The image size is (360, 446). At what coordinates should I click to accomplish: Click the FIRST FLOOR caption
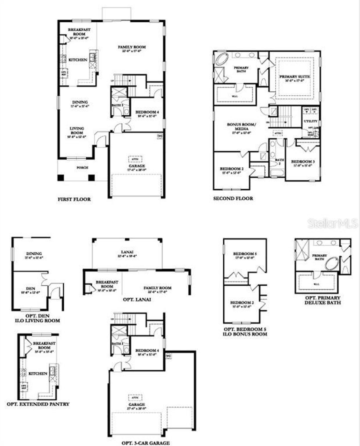(x=74, y=199)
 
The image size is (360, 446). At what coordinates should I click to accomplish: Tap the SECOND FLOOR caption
(x=233, y=198)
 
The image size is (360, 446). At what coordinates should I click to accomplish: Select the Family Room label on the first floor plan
(x=132, y=47)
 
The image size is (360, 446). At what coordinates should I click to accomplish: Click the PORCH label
(x=82, y=168)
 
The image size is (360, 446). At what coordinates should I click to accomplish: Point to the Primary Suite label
(x=295, y=76)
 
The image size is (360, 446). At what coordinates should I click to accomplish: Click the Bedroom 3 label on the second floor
(x=303, y=162)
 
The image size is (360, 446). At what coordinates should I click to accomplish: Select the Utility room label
(x=310, y=121)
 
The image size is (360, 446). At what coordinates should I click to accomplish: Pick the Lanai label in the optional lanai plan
(x=127, y=252)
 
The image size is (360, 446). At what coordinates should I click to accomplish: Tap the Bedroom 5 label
(x=245, y=254)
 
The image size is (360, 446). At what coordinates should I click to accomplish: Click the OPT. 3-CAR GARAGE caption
(x=145, y=443)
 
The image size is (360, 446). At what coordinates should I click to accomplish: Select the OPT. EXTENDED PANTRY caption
(x=38, y=404)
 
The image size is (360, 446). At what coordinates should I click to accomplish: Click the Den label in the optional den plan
(x=31, y=289)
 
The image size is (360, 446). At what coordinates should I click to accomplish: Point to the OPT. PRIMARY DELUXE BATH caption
(x=323, y=300)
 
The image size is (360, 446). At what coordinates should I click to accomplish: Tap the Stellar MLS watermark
(x=333, y=223)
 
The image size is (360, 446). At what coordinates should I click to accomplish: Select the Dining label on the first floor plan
(x=80, y=102)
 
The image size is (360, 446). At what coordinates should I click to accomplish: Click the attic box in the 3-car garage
(x=135, y=398)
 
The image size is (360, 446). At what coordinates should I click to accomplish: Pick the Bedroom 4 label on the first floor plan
(x=147, y=112)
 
